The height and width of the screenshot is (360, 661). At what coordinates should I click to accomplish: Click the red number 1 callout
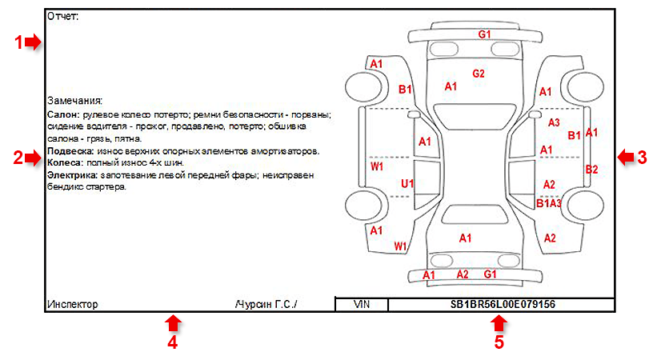pos(18,42)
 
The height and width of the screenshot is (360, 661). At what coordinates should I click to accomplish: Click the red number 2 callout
pos(18,158)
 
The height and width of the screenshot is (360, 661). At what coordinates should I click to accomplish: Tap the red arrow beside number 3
pos(627,158)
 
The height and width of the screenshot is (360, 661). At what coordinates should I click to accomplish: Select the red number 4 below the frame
pos(172,342)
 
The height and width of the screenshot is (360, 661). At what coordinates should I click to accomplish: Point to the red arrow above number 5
pos(499,325)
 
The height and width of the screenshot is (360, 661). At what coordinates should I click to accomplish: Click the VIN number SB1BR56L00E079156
pos(503,304)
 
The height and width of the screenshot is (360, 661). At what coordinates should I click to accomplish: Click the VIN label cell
pos(362,304)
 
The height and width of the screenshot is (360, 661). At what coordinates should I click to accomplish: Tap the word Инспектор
pos(73,304)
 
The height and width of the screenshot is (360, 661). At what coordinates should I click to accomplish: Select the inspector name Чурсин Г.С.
pos(266,304)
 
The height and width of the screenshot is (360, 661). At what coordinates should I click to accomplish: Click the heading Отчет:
pos(62,17)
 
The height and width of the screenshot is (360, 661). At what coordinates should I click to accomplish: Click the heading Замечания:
pos(74,101)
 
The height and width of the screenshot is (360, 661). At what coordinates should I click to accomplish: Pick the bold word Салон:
pos(63,114)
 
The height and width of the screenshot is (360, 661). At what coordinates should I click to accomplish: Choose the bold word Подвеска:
pos(70,151)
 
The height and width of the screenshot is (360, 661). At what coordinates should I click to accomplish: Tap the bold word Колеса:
pos(66,162)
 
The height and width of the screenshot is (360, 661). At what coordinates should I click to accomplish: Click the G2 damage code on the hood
pos(479,74)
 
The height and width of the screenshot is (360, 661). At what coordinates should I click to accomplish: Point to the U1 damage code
pos(407,184)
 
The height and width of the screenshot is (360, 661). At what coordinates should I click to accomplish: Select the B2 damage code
pos(591,170)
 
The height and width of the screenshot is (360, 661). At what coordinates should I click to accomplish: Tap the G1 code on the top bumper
pos(484,34)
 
